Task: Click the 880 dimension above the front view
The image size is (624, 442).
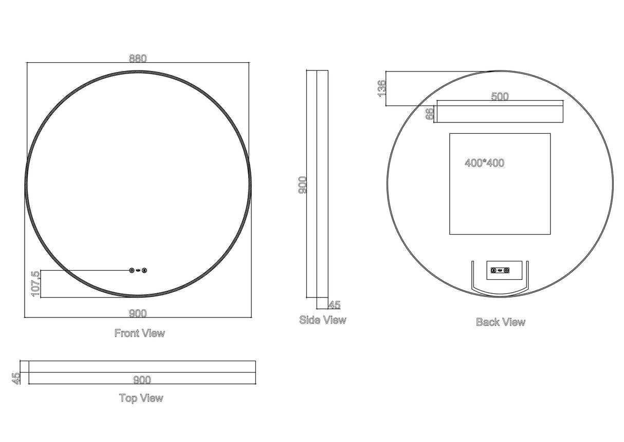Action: click(x=138, y=58)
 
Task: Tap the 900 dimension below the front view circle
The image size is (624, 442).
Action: click(x=138, y=313)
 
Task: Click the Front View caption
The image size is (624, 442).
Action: click(x=140, y=333)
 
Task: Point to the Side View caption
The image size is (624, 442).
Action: click(x=323, y=320)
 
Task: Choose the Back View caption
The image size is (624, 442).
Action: click(x=501, y=322)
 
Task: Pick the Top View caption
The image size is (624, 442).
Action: click(x=141, y=398)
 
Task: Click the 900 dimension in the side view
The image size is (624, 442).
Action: click(x=303, y=185)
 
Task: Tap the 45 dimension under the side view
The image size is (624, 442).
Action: click(x=334, y=305)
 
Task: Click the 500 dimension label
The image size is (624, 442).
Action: click(x=500, y=96)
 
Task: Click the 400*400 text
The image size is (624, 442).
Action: click(x=485, y=163)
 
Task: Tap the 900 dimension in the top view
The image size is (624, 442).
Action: click(x=142, y=380)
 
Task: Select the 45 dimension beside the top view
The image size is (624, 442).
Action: click(x=16, y=378)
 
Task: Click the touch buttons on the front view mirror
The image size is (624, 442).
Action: click(x=138, y=270)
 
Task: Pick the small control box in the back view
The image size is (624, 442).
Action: click(x=500, y=270)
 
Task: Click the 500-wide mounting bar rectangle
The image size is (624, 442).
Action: click(x=500, y=114)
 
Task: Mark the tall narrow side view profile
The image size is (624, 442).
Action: click(x=318, y=184)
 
